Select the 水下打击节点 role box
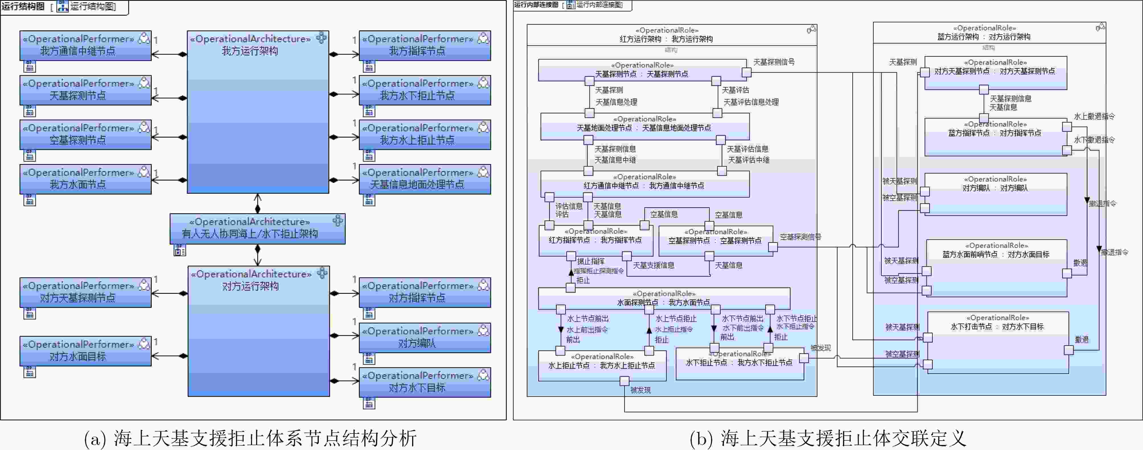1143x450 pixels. click(998, 342)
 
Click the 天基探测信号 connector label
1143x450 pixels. click(774, 62)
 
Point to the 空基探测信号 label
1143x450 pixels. click(800, 237)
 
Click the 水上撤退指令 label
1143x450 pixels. click(1094, 117)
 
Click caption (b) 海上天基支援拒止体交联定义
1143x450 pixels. click(828, 438)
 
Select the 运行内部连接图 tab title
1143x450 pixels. click(536, 5)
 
